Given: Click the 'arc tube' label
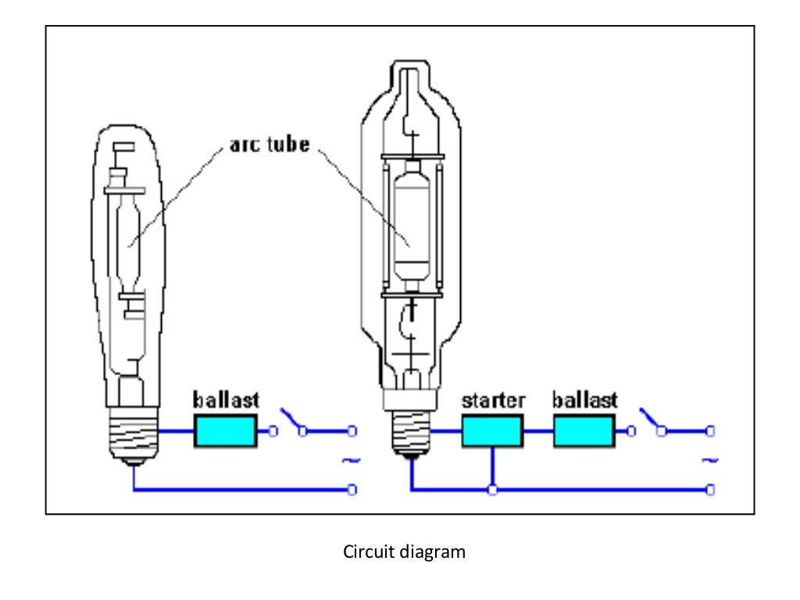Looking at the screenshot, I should [269, 146].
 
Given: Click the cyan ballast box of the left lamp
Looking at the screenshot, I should [225, 430].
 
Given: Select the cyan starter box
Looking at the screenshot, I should [492, 430].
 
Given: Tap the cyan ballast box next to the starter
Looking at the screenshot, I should [584, 430].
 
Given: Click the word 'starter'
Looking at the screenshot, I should [493, 401].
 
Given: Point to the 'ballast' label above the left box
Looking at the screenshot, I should [226, 401].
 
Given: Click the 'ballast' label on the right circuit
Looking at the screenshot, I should [585, 401].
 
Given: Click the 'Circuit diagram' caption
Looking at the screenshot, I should [404, 552].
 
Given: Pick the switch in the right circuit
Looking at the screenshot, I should [653, 420].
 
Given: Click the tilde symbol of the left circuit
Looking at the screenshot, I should [349, 461].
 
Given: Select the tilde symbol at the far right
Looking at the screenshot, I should [709, 461].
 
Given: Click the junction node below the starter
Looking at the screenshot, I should [492, 490].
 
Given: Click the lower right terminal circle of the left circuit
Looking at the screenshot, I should [352, 490].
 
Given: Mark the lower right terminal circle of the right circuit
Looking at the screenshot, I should [710, 490].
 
